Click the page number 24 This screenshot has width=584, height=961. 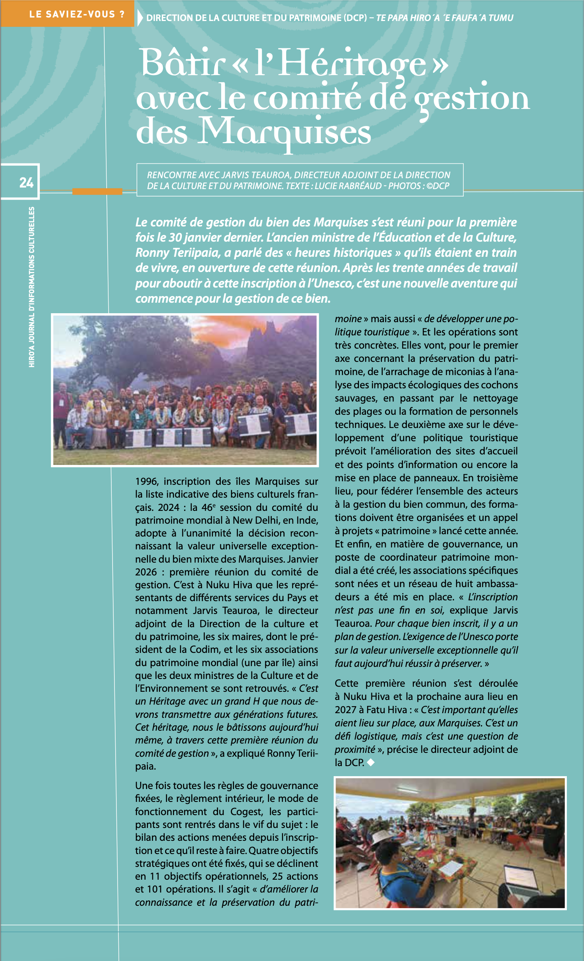pyautogui.click(x=26, y=182)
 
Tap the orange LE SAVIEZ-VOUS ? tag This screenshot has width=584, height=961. pyautogui.click(x=77, y=14)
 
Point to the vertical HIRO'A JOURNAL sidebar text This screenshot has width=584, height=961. pyautogui.click(x=32, y=287)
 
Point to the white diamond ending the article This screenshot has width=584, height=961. pyautogui.click(x=371, y=762)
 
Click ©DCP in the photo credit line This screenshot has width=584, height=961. pyautogui.click(x=438, y=186)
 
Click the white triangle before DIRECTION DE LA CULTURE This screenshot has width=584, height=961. pyautogui.click(x=140, y=18)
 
